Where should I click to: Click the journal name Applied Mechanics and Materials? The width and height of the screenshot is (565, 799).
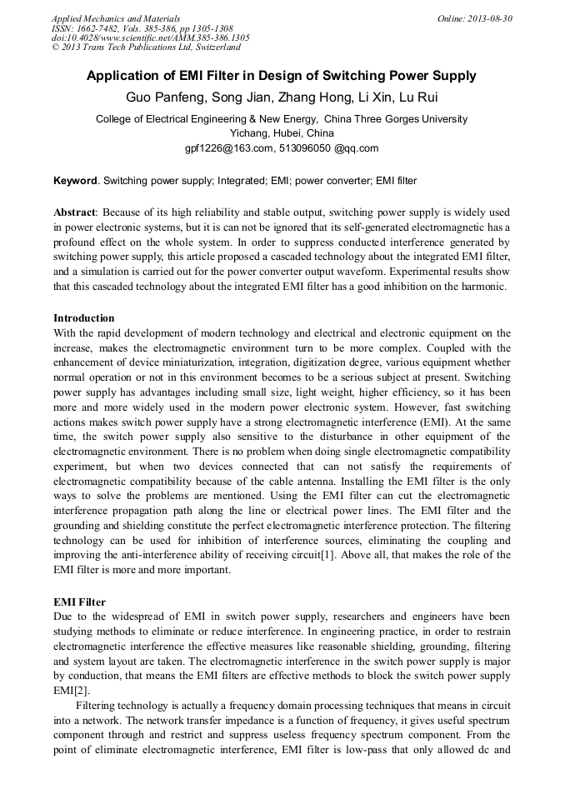click(116, 18)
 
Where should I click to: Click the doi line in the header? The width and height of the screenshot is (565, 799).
click(150, 37)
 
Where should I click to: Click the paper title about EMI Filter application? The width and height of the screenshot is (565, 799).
click(282, 76)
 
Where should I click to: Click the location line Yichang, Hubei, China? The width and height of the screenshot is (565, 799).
click(282, 133)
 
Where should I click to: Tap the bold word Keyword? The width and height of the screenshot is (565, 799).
click(75, 181)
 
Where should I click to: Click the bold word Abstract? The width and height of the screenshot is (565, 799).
click(75, 212)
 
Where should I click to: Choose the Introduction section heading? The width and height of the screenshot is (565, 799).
click(84, 318)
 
